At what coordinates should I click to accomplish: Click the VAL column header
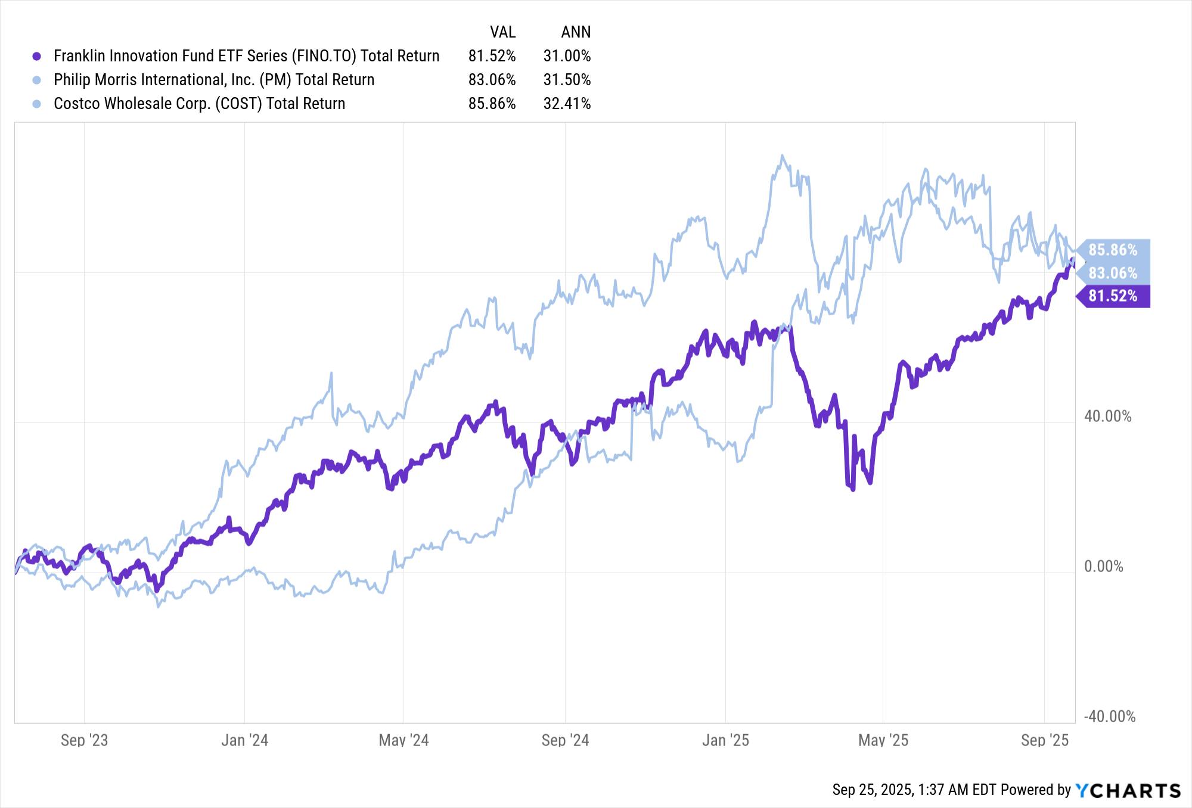point(502,32)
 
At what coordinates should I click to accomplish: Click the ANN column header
point(576,32)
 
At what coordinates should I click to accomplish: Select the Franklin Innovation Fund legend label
point(246,56)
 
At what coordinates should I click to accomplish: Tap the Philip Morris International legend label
point(214,80)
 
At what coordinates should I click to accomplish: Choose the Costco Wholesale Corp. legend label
point(199,104)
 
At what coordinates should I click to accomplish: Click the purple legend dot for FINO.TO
point(37,56)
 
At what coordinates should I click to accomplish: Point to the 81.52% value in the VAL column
point(492,56)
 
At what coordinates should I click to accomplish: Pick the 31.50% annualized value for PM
point(567,80)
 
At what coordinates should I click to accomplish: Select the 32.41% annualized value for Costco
point(567,104)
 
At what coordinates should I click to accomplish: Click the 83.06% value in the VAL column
point(492,80)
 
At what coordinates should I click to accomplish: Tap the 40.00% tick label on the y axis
point(1107,416)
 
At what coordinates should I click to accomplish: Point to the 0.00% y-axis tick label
point(1103,566)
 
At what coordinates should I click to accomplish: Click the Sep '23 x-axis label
point(84,740)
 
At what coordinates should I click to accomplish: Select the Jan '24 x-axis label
point(244,740)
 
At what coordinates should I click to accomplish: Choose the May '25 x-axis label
point(883,740)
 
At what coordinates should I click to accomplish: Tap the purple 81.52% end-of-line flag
point(1113,296)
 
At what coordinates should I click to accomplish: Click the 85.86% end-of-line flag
point(1113,250)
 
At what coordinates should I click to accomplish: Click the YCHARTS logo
point(1128,790)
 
